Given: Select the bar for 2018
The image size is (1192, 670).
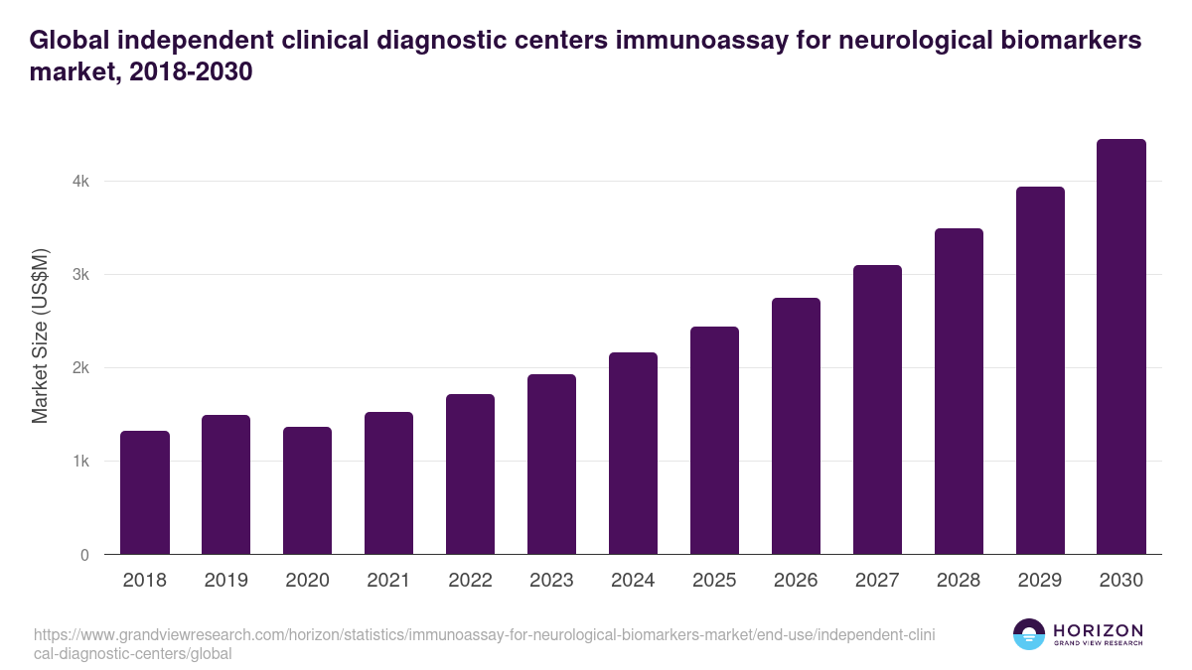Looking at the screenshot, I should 145,492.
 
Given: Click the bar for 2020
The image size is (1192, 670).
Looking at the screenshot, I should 308,490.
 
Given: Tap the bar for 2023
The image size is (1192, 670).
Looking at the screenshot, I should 552,464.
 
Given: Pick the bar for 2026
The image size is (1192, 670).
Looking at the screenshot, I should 797,426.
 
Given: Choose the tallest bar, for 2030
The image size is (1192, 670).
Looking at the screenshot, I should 1121,346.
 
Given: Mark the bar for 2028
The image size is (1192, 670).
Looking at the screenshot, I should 960,391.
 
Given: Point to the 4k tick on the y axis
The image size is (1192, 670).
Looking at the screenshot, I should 79,182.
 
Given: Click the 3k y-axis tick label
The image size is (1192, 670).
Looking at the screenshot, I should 79,275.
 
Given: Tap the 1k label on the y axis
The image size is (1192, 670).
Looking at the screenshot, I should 79,462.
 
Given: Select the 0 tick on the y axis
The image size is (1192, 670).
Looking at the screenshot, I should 84,555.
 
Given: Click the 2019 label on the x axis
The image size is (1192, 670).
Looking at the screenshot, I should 226,581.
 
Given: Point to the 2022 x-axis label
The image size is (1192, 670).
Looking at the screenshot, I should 471,581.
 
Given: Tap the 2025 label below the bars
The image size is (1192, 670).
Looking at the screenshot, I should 715,581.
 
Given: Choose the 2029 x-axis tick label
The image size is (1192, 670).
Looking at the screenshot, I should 1040,581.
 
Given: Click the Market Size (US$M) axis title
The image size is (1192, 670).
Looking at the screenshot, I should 40,336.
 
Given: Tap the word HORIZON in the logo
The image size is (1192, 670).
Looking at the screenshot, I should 1098,630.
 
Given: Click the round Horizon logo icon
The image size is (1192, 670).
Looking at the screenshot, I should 1029,635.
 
